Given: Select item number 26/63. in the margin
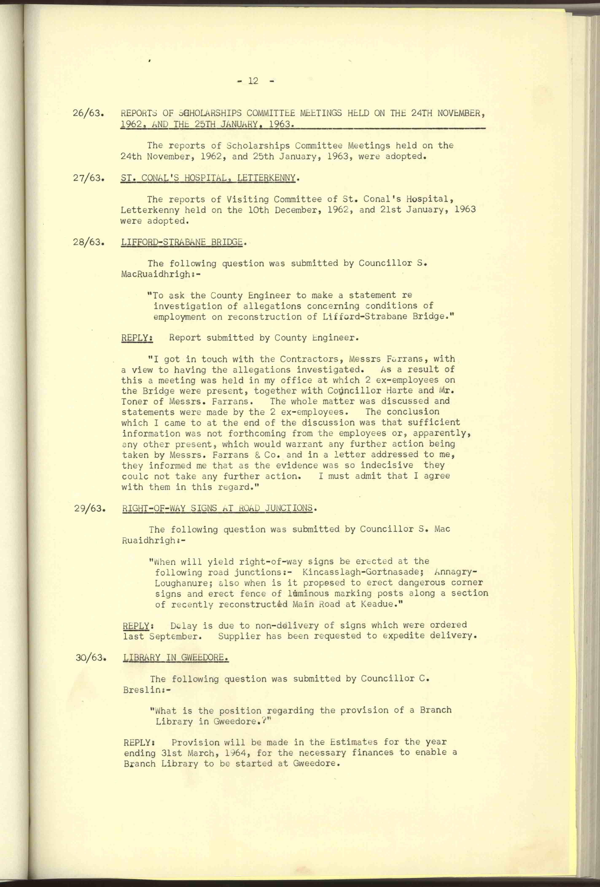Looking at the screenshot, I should (x=89, y=114).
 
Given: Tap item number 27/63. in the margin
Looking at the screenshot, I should (x=89, y=178).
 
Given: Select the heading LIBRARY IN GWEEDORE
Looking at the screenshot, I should (x=176, y=658).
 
